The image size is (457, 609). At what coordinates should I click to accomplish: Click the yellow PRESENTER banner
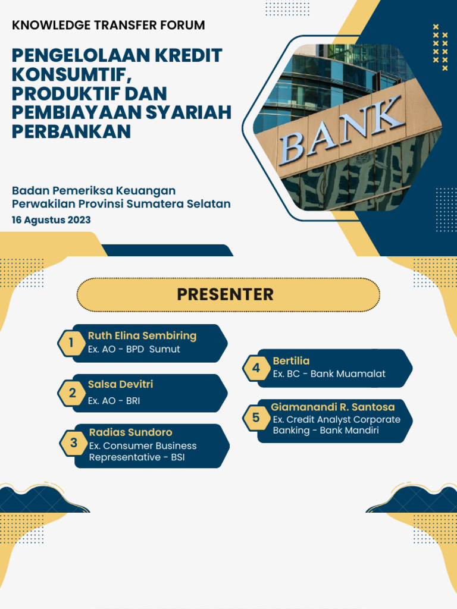(x=228, y=294)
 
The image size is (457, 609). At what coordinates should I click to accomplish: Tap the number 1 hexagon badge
(x=71, y=343)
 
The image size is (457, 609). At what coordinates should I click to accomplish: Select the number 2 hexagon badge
(x=72, y=393)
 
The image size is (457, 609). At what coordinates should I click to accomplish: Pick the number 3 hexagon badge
(x=74, y=443)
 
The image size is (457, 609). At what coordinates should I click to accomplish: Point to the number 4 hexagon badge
(x=256, y=368)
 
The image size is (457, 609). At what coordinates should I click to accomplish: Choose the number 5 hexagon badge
(x=256, y=418)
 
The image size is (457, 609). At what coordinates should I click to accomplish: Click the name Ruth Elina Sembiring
(x=142, y=335)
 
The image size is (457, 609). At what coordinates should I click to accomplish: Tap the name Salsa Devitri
(x=120, y=384)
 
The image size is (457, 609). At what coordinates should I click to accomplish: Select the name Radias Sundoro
(x=130, y=432)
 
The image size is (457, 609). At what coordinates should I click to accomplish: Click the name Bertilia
(x=291, y=360)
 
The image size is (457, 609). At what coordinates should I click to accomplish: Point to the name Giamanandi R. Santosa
(x=333, y=407)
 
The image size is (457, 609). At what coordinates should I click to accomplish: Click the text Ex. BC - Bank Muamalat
(x=329, y=374)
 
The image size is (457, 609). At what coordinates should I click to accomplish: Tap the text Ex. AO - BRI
(x=114, y=401)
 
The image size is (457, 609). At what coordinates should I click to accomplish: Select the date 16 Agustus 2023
(x=51, y=220)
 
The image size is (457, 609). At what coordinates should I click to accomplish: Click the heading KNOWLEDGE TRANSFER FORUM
(x=108, y=26)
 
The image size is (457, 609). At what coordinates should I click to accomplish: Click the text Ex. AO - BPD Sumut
(x=133, y=349)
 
